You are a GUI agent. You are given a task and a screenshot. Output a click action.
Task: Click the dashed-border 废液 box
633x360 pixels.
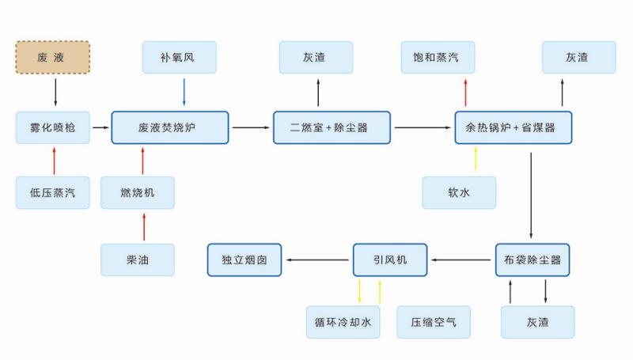point(53,58)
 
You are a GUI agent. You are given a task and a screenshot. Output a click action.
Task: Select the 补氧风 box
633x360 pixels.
point(179,58)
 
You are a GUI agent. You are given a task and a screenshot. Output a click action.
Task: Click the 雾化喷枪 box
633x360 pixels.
point(53,127)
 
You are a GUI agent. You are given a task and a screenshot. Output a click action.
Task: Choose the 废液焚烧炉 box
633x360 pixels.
point(170,127)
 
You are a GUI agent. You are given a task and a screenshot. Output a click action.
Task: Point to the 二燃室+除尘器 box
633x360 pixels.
point(332,127)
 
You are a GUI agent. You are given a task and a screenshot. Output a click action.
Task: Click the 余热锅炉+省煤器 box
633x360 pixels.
point(513,127)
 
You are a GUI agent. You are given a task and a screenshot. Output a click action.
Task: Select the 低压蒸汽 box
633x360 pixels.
point(53,193)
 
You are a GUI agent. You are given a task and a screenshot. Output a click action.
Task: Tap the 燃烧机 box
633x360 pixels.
point(138,193)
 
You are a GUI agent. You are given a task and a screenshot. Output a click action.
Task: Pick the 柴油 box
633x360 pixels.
point(138,260)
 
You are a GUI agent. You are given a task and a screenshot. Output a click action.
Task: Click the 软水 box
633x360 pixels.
point(459,193)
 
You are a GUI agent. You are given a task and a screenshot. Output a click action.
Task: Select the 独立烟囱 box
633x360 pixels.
point(244,260)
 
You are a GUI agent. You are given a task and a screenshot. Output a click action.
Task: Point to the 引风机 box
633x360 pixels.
point(389,260)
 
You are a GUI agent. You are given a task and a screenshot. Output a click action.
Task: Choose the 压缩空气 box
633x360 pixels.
point(434,322)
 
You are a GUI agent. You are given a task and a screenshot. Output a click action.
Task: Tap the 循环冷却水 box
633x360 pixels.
point(343,322)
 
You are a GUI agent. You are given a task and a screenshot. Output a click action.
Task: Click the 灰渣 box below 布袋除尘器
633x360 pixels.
point(537,322)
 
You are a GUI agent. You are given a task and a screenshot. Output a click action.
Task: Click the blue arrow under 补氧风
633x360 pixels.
point(184,92)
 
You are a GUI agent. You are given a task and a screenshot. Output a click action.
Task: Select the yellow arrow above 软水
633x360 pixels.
point(476,160)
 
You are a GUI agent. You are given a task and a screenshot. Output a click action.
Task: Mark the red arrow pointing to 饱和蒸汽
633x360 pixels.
point(466,92)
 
